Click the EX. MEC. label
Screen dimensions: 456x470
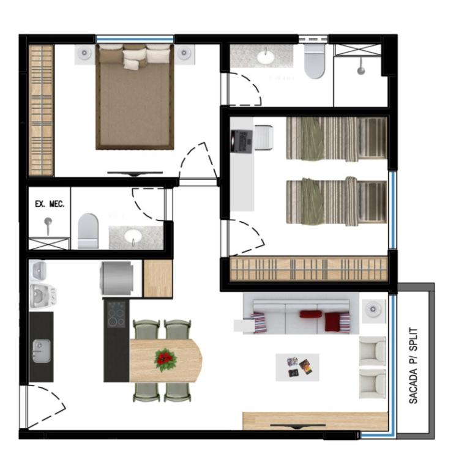click(50, 204)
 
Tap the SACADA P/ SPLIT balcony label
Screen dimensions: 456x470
click(413, 365)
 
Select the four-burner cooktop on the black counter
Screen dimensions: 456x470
click(116, 314)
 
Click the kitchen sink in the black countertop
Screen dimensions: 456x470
click(42, 351)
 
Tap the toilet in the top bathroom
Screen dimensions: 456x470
click(314, 62)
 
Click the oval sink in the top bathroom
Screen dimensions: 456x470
click(265, 57)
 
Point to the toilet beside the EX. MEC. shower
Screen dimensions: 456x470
click(88, 231)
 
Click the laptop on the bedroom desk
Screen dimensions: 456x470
click(242, 141)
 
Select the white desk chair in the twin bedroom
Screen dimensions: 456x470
click(264, 138)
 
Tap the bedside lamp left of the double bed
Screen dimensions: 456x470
click(84, 53)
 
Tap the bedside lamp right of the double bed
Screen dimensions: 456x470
click(184, 53)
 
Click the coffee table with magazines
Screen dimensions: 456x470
click(297, 367)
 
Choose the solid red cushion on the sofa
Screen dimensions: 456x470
click(310, 314)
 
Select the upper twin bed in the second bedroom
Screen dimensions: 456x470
click(337, 138)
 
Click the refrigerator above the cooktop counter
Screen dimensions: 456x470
click(117, 278)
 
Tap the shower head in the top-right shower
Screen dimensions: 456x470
click(361, 67)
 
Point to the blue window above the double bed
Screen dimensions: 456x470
click(135, 39)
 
